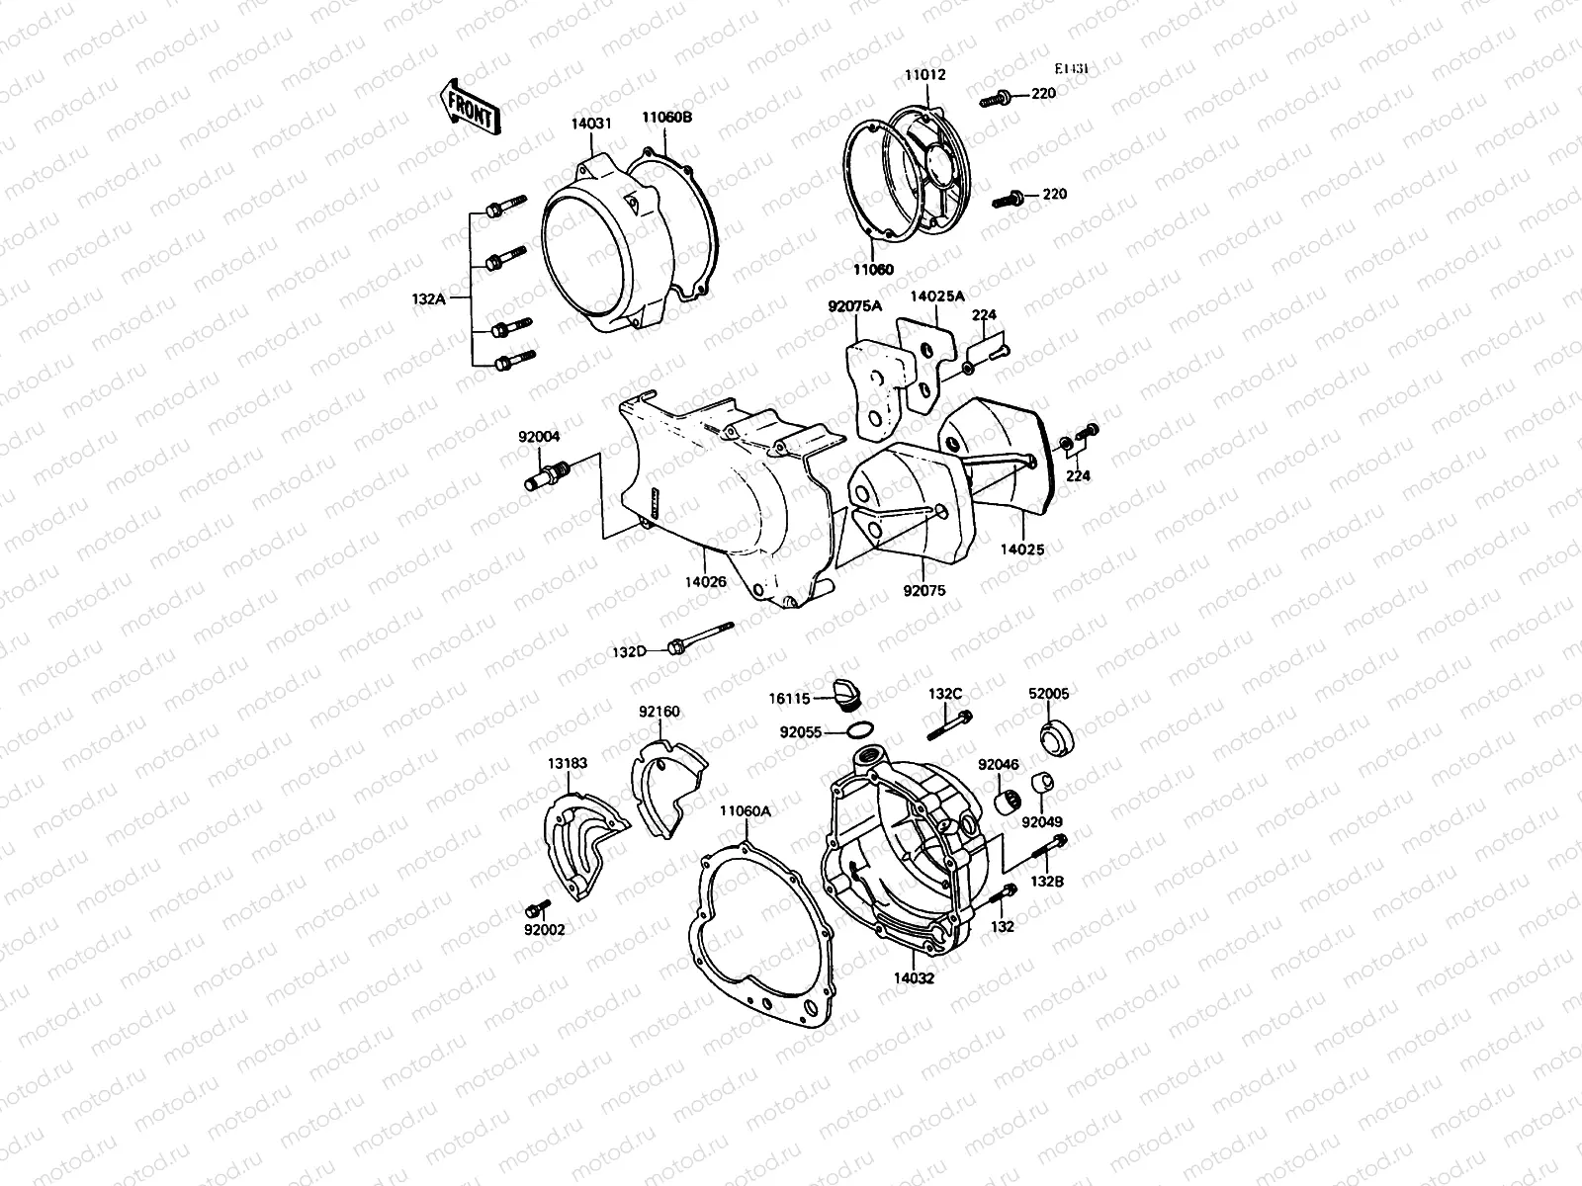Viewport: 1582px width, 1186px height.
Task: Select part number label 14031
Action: [590, 124]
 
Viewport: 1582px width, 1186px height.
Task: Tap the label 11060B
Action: [666, 117]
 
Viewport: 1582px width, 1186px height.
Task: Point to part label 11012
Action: [924, 73]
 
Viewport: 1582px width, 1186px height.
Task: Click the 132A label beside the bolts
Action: [431, 297]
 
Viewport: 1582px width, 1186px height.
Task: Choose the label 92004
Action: [540, 435]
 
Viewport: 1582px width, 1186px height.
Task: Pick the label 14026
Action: [704, 582]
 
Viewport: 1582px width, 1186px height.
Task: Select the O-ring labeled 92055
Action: [860, 731]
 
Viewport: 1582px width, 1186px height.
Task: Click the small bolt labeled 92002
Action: [539, 907]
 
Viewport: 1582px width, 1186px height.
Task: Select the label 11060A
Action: [745, 811]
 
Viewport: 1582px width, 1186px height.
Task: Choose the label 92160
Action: [659, 712]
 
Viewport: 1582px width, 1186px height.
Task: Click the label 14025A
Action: [936, 296]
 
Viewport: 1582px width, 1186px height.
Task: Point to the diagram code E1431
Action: [1071, 69]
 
